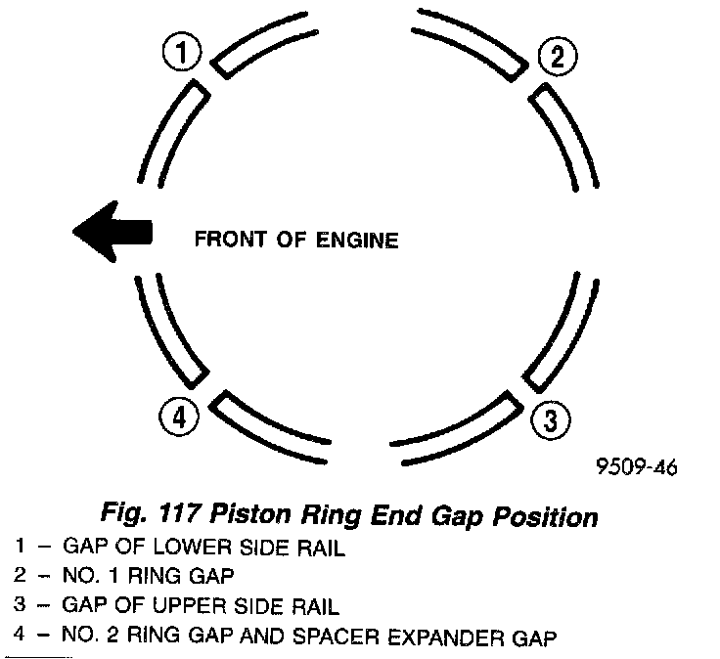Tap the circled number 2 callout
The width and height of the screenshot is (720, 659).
[557, 56]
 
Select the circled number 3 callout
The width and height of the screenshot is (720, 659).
[550, 420]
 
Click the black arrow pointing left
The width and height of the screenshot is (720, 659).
[112, 232]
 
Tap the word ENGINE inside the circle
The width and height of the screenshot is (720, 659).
[360, 239]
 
